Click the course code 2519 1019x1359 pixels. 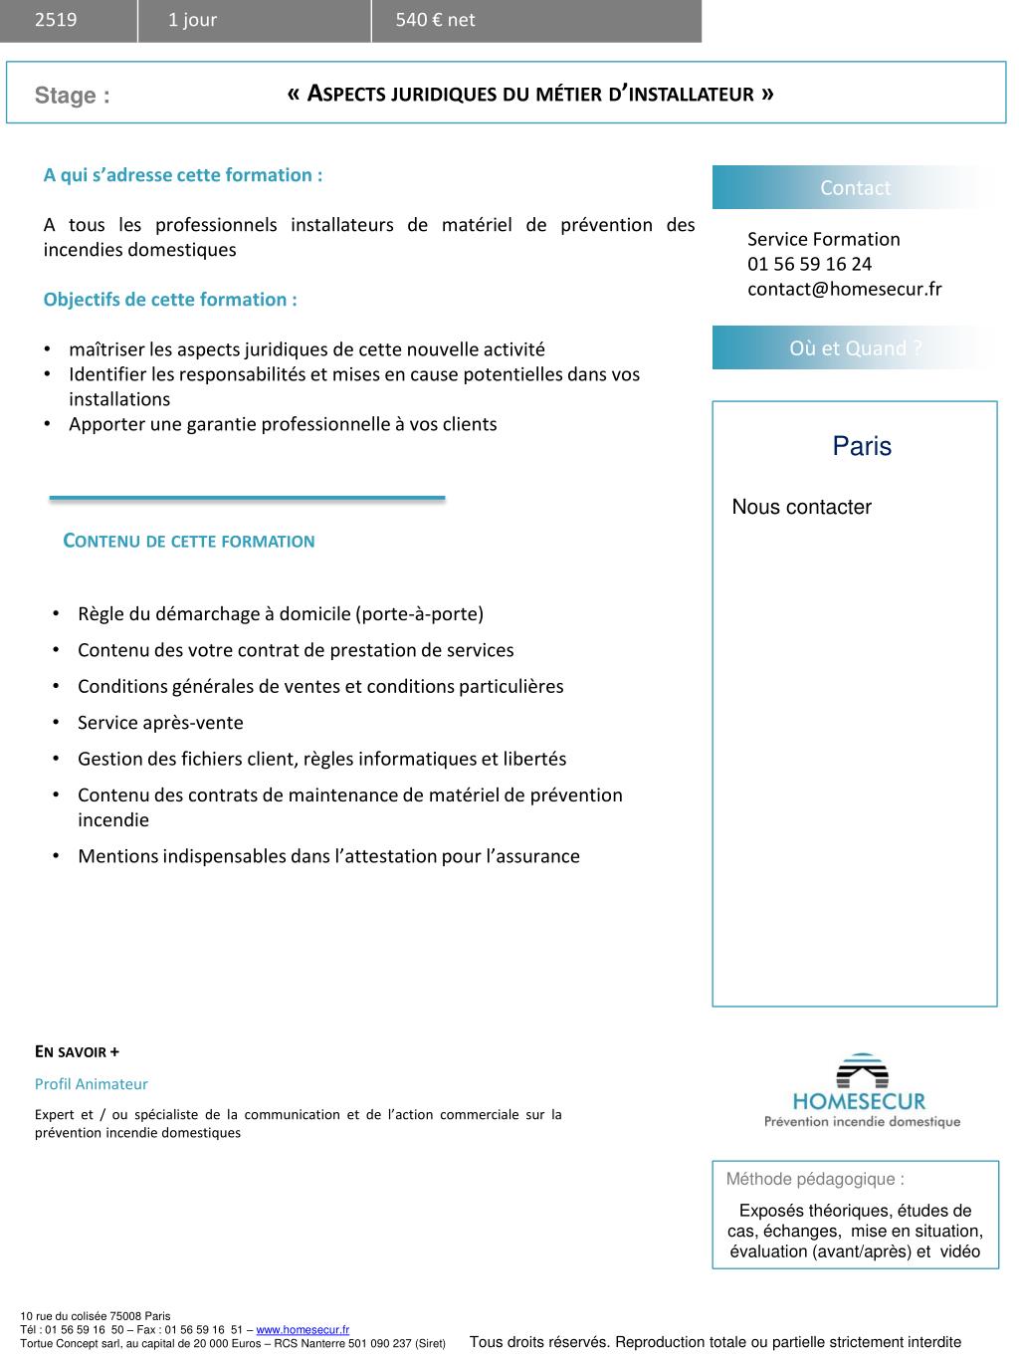point(56,20)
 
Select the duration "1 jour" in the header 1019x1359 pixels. point(192,20)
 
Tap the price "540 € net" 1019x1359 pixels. point(435,20)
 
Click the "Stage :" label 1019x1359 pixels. point(72,96)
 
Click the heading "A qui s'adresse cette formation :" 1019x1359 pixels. point(183,175)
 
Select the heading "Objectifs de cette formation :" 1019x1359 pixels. point(170,300)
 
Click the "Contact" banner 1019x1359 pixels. point(855,188)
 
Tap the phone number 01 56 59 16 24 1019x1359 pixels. point(809,264)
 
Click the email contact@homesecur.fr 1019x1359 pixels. point(844,289)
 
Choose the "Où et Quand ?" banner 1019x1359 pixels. point(855,348)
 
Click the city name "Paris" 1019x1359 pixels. point(862,446)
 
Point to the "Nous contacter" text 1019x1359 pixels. point(801,507)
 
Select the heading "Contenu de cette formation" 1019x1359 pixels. point(189,542)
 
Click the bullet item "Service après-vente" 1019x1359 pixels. point(160,723)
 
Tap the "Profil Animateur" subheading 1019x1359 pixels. point(92,1084)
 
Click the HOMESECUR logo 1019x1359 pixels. point(861,1091)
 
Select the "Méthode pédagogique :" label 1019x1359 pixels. point(815,1180)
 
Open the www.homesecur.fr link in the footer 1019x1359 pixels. point(303,1329)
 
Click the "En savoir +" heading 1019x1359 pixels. point(77,1052)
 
